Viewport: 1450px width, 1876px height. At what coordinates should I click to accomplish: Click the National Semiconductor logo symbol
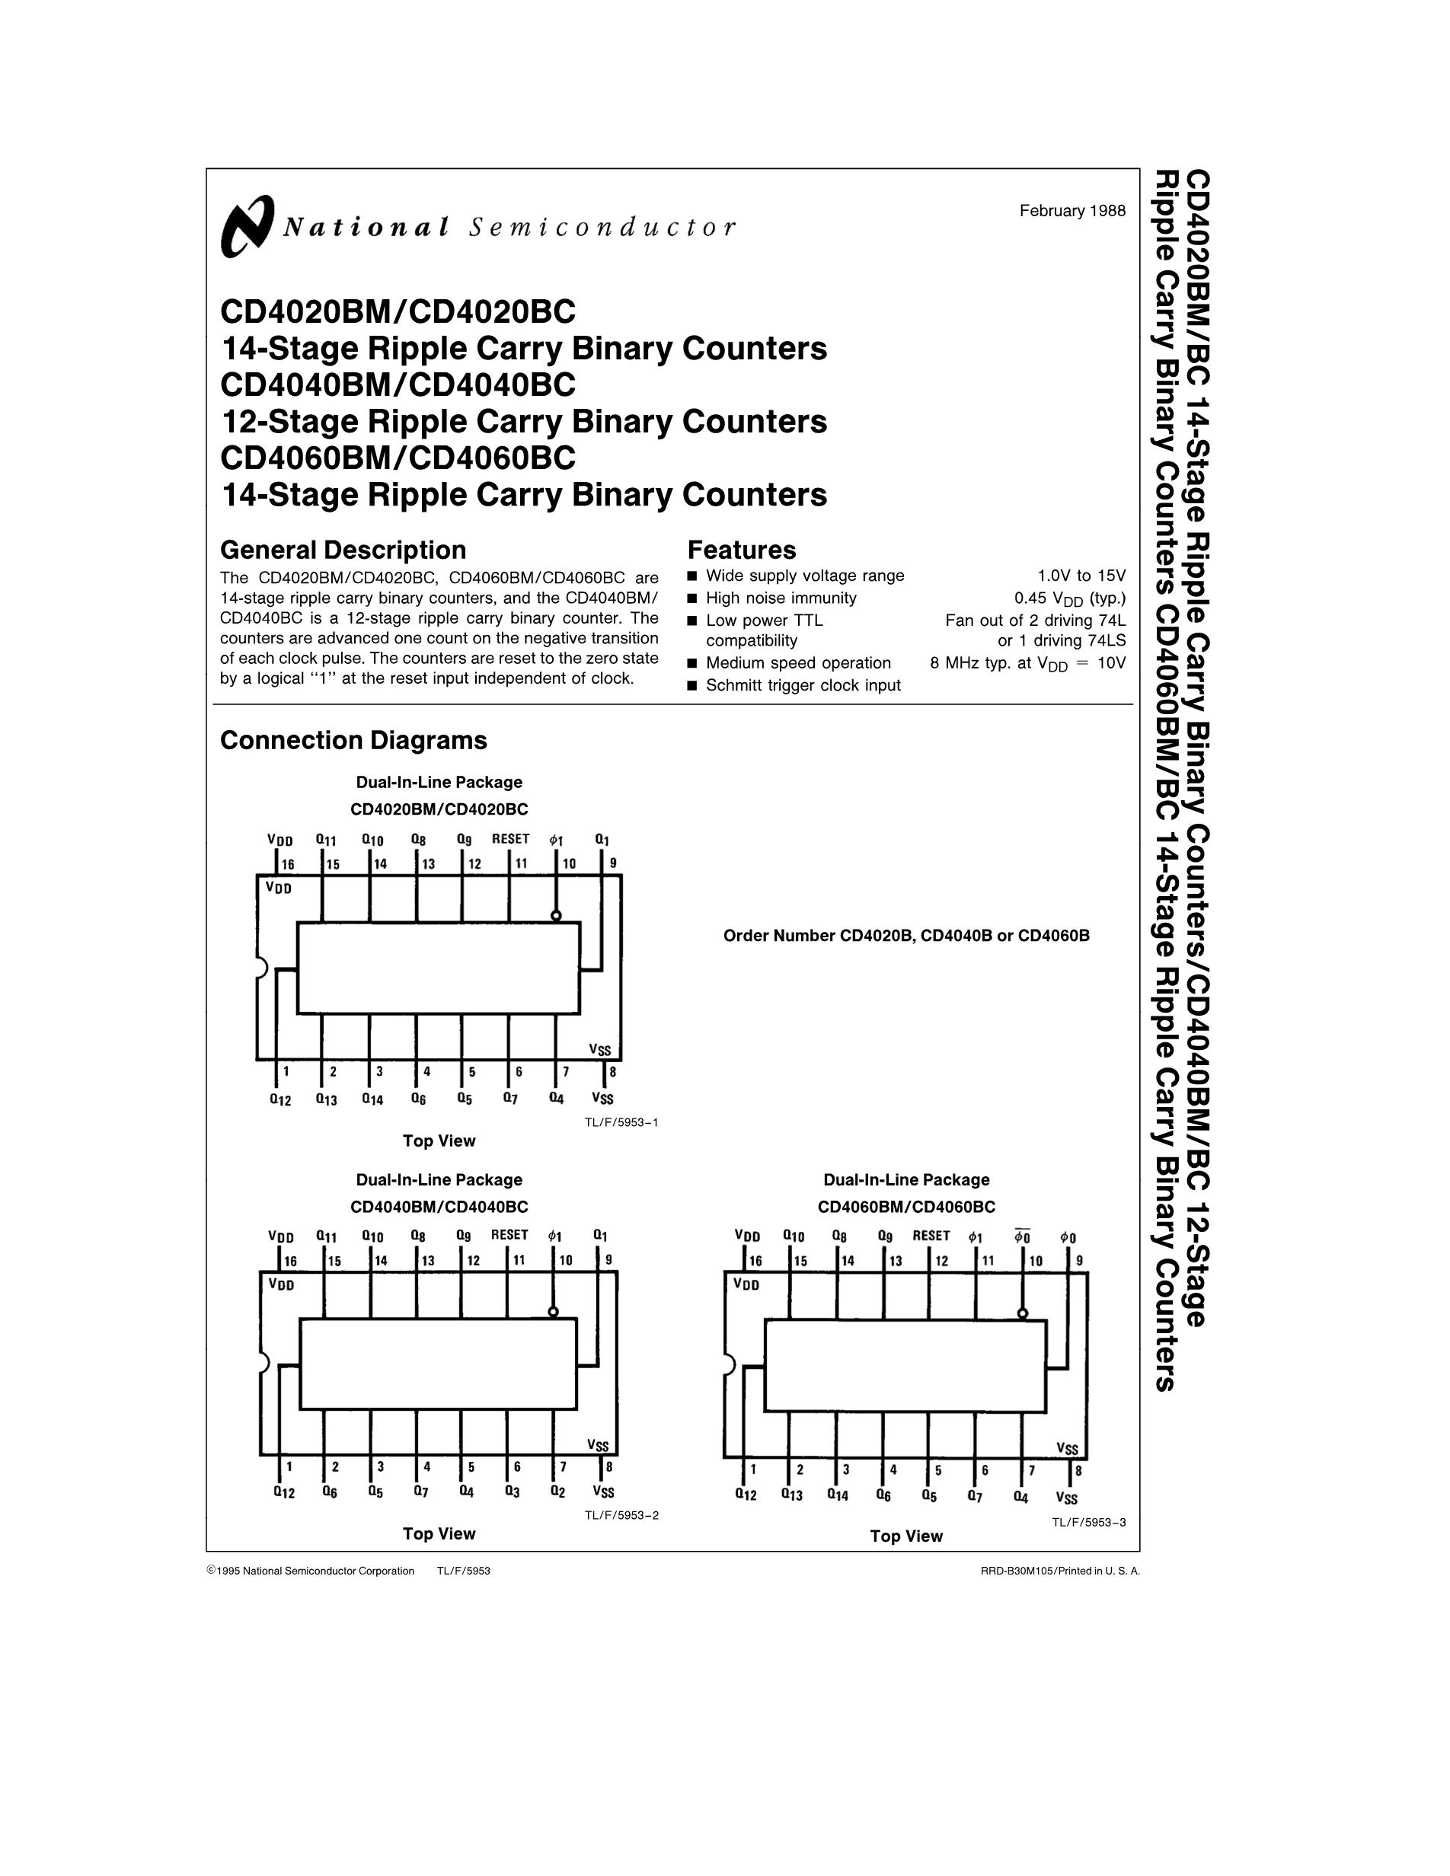(248, 226)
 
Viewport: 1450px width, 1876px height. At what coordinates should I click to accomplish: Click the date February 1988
(1072, 210)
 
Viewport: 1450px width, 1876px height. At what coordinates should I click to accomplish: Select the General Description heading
(343, 550)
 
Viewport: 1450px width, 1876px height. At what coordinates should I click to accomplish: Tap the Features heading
(741, 550)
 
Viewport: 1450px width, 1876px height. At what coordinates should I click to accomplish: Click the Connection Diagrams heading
(353, 741)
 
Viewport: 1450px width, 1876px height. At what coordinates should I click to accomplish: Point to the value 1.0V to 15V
(1081, 576)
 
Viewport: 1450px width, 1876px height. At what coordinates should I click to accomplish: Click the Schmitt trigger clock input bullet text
(803, 685)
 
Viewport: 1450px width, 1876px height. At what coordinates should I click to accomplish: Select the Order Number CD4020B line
(906, 936)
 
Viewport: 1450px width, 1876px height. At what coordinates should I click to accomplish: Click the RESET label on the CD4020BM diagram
(510, 838)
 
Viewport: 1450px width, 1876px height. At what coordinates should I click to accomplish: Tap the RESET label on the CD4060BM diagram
(931, 1235)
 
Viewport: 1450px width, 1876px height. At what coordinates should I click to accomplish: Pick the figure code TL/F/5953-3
(1089, 1522)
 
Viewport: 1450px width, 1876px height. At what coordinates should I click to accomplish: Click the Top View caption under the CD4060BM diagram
(906, 1536)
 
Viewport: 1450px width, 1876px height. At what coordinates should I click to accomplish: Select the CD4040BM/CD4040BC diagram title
(439, 1206)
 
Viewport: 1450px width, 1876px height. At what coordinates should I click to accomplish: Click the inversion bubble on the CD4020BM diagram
(556, 916)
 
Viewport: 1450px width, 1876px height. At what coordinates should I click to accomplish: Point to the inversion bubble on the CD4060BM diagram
(1021, 1313)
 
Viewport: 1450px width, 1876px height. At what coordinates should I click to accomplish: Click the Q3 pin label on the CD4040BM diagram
(512, 1492)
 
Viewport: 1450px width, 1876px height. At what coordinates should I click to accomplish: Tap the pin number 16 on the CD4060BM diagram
(755, 1261)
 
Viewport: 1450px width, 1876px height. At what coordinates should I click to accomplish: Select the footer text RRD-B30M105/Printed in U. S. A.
(1060, 1571)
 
